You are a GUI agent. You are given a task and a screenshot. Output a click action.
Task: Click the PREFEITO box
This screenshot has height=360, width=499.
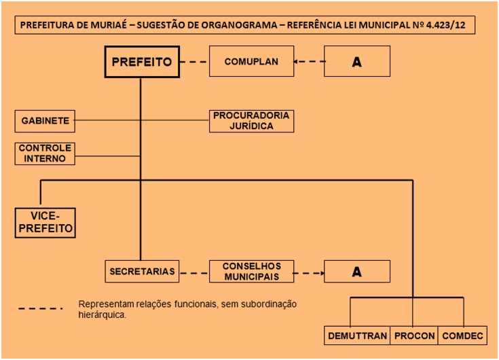pos(141,62)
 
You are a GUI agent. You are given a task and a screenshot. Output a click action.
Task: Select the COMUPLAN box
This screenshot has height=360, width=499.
pos(251,62)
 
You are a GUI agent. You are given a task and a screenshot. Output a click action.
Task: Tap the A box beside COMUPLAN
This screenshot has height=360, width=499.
pos(356,62)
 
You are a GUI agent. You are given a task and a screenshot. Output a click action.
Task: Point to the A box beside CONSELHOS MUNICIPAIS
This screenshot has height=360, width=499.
pos(356,272)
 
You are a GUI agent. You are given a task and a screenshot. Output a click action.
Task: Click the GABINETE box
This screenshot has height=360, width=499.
pos(44,121)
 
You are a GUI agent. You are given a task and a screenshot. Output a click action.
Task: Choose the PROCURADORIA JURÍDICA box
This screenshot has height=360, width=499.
pos(251,121)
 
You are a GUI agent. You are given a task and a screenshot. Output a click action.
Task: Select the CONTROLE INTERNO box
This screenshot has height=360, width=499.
pos(44,154)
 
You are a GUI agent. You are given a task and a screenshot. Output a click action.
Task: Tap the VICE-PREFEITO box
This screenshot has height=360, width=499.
pos(45,223)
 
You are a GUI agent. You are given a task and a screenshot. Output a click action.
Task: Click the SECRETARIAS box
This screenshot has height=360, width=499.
pos(143,272)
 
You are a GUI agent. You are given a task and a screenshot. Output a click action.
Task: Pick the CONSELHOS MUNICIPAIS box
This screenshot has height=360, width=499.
pos(251,272)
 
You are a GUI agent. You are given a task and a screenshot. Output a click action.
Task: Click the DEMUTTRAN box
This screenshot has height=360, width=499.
pos(357,336)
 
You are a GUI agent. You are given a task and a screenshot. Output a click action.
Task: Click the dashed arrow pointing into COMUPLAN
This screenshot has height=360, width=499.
pos(308,62)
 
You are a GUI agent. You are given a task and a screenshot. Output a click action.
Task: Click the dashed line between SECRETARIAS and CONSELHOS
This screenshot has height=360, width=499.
pos(193,272)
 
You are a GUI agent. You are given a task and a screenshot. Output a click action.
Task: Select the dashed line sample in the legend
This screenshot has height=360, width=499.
pos(40,309)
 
